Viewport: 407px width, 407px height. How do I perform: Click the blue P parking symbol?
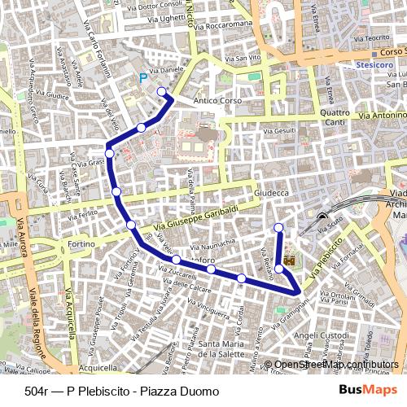[144, 78]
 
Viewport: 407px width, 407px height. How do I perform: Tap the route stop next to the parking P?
[162, 91]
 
